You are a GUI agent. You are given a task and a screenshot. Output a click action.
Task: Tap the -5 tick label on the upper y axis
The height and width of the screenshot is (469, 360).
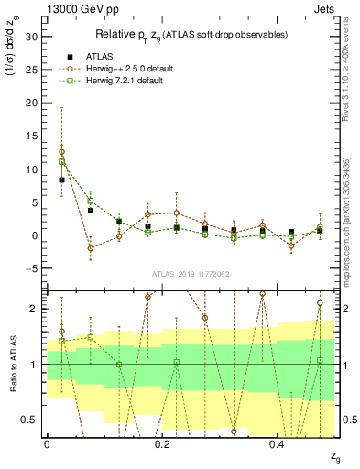[32, 268]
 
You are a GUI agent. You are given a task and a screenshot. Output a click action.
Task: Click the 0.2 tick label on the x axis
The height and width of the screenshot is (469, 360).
[162, 443]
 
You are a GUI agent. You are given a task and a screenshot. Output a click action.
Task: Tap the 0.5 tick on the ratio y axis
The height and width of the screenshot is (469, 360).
[29, 420]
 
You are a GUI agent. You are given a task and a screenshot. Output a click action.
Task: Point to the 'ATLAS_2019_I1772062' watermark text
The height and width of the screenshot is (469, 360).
[191, 274]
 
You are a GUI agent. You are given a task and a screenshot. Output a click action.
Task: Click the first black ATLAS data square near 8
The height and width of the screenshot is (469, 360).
[61, 180]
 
